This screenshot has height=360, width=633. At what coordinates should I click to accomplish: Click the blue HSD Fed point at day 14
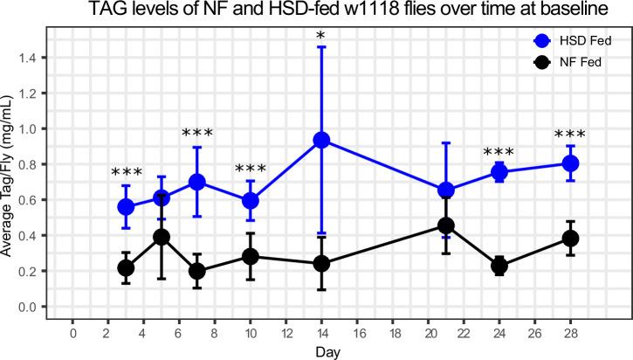321,140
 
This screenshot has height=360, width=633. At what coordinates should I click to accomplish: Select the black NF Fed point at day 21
446,226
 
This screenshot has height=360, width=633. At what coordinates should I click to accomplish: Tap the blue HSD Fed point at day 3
126,207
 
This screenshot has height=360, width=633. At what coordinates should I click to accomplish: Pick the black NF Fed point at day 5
162,237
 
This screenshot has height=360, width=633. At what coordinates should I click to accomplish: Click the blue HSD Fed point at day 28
570,163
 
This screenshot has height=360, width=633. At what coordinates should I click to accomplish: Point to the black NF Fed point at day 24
499,267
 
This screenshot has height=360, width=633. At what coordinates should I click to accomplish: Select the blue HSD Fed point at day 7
197,182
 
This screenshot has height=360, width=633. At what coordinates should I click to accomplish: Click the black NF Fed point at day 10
251,257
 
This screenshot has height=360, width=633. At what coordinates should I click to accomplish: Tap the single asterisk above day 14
321,38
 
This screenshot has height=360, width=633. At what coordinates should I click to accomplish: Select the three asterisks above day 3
126,173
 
